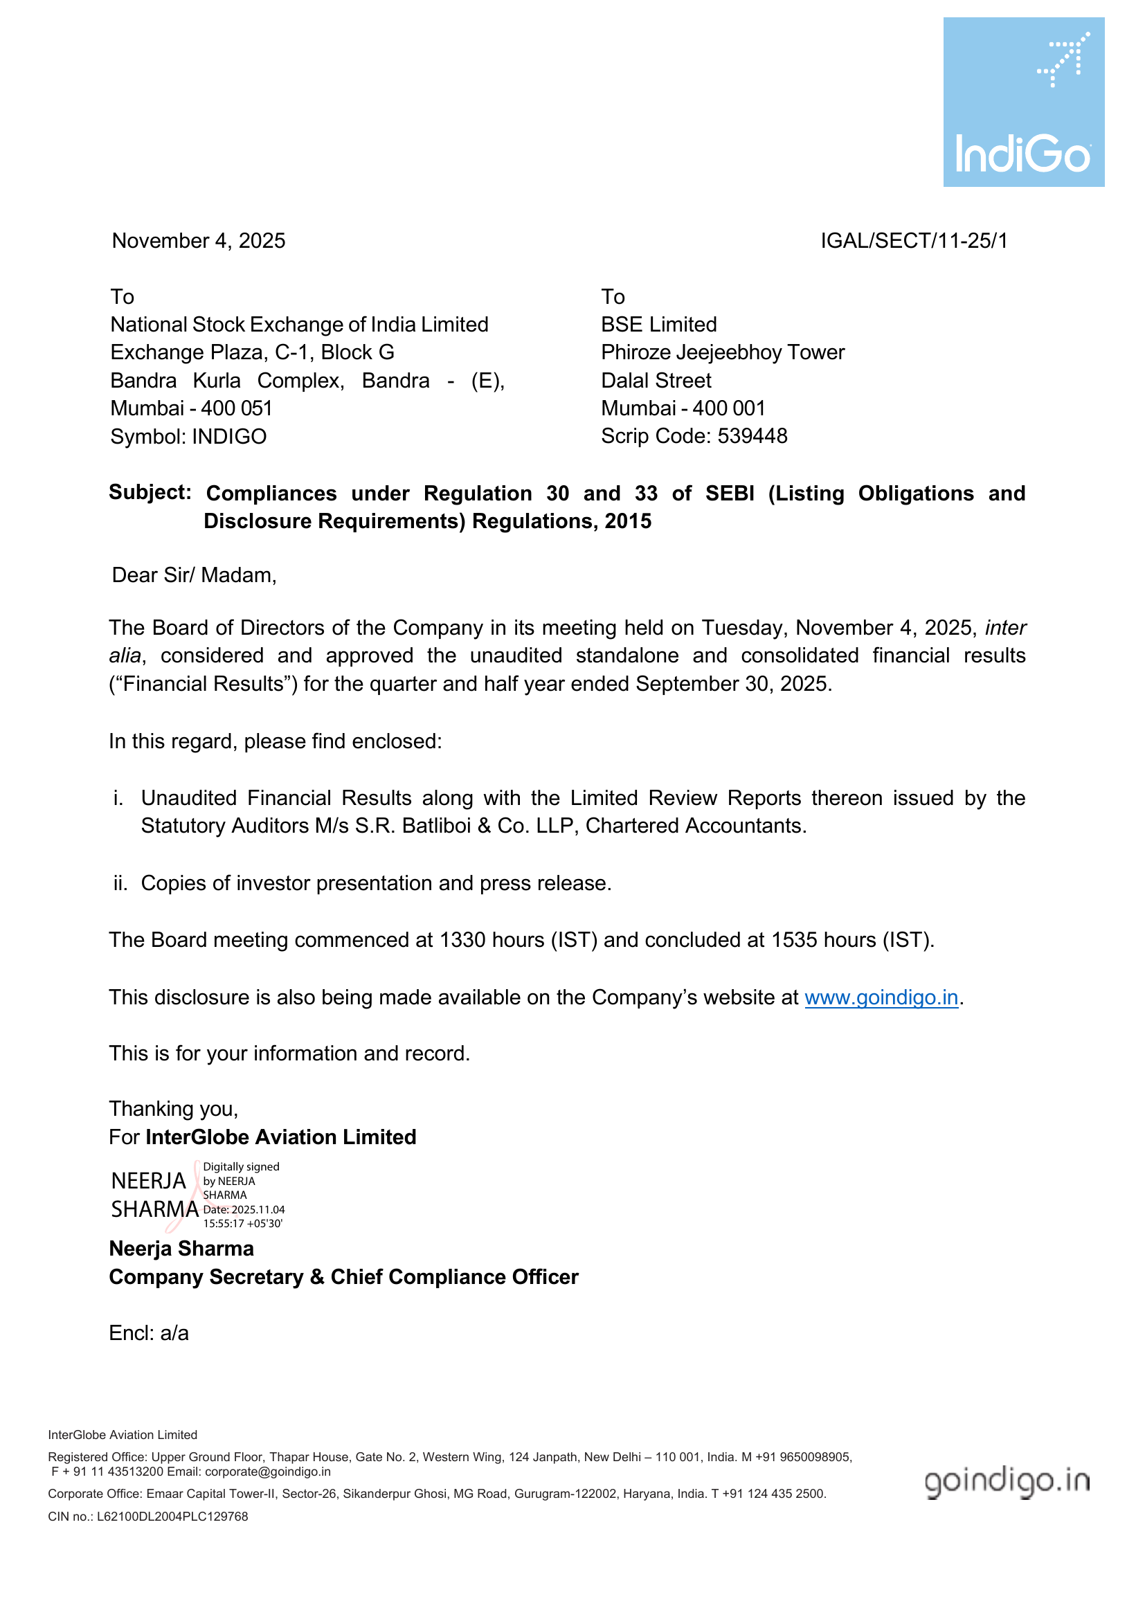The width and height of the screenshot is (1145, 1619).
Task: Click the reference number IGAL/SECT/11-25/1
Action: (x=914, y=241)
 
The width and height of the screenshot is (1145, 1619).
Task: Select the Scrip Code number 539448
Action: (x=752, y=437)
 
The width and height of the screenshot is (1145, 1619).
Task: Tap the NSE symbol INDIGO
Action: (x=229, y=437)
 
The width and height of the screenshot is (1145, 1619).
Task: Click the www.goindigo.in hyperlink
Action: (x=881, y=998)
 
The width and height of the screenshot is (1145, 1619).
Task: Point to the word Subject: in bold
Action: (x=150, y=492)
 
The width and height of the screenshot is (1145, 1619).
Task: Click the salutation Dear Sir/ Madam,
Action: (x=194, y=575)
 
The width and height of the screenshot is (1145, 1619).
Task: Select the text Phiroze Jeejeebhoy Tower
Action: (x=723, y=352)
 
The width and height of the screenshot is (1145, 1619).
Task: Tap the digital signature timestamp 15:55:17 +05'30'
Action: (x=243, y=1223)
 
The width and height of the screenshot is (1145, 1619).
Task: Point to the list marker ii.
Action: (x=120, y=883)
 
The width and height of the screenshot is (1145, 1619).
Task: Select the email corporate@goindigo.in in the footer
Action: (x=268, y=1472)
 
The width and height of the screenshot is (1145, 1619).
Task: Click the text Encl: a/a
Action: (x=149, y=1333)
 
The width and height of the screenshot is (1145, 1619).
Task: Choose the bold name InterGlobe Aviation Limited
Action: (x=280, y=1137)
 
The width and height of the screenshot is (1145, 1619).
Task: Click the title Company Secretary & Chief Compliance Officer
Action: (x=343, y=1277)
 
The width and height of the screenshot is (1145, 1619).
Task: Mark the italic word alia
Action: (x=125, y=656)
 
